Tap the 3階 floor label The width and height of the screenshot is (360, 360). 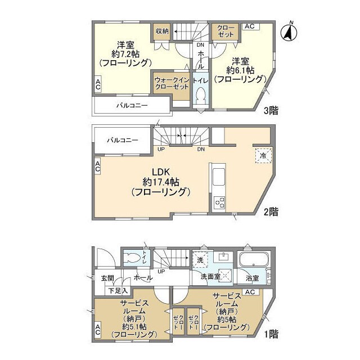(x=272, y=111)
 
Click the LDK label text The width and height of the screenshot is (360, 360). (x=160, y=172)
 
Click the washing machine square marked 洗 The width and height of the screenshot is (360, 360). (x=200, y=259)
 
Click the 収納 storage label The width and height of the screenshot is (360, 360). (x=163, y=31)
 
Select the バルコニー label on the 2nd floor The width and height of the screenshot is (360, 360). (x=123, y=141)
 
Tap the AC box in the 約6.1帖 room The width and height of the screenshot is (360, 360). (x=250, y=26)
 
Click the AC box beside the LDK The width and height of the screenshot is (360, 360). (x=97, y=166)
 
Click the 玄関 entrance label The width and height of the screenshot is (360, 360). (x=108, y=278)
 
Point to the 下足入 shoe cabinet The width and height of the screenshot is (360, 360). (x=118, y=291)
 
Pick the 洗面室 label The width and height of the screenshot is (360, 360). (x=210, y=277)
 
